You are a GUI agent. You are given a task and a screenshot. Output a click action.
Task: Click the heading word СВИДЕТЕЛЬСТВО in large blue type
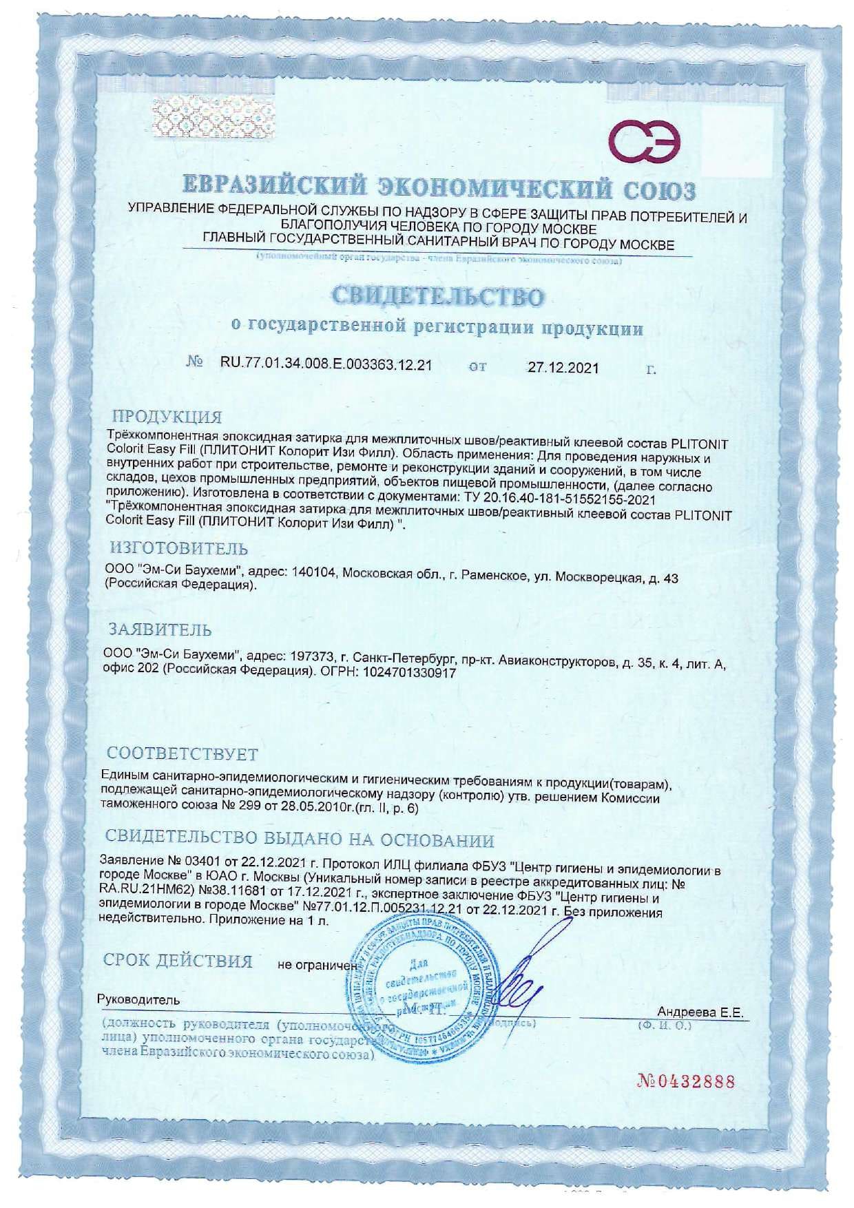[x=437, y=296]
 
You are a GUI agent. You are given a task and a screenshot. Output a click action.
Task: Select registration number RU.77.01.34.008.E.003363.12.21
[x=326, y=365]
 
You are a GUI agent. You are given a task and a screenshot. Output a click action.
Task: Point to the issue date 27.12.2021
[x=563, y=368]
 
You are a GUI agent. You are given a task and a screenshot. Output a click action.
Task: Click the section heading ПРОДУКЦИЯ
[x=167, y=417]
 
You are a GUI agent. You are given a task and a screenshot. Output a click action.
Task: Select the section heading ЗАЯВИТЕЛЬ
[x=161, y=629]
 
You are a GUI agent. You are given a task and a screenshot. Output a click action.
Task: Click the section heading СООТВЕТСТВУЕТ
[x=183, y=753]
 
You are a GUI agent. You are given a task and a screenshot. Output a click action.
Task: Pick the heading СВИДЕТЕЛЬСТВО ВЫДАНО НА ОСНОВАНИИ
[x=300, y=840]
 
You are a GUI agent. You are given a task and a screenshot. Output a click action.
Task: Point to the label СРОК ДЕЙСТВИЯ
[x=178, y=961]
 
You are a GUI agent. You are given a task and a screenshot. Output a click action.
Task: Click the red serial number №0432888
[x=686, y=1082]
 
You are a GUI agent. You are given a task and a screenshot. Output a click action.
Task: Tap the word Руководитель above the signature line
[x=139, y=999]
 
